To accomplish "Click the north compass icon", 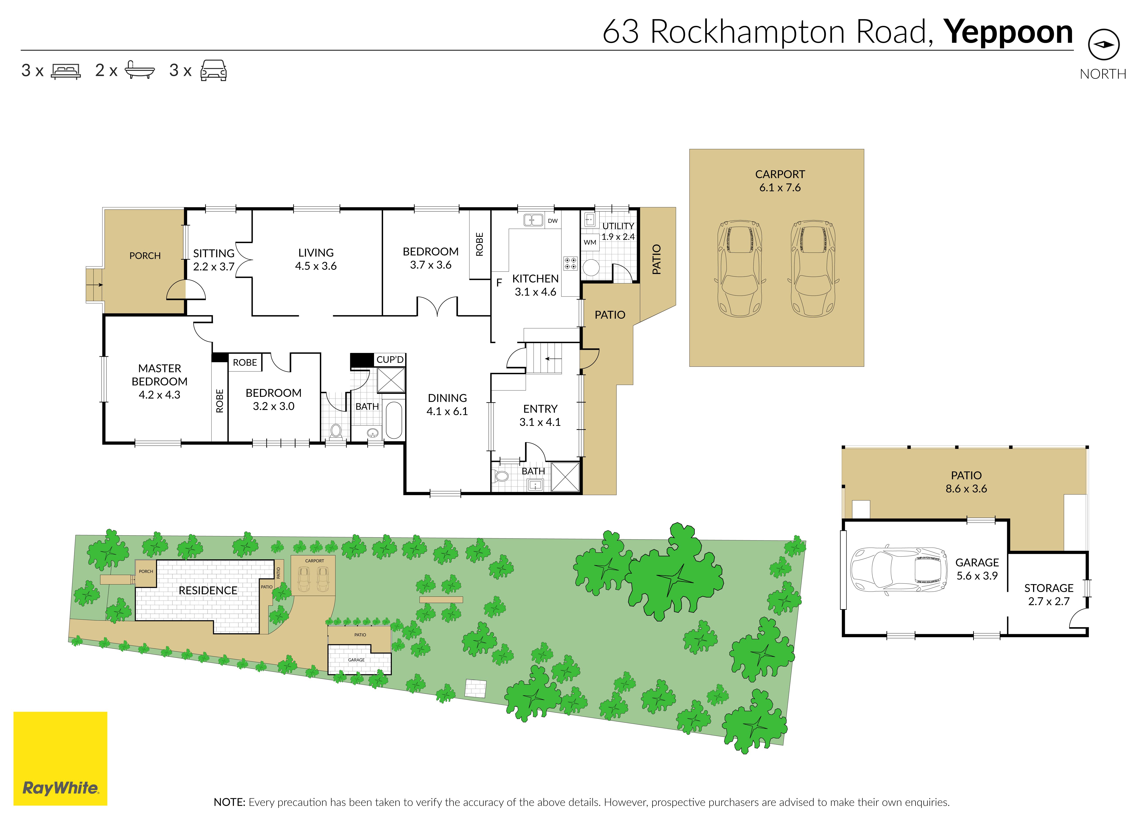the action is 1103,44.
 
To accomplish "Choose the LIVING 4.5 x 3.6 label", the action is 316,259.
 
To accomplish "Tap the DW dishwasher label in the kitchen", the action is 552,220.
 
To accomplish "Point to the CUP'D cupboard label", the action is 390,359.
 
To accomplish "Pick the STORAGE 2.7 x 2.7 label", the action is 1049,594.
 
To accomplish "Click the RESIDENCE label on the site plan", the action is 208,590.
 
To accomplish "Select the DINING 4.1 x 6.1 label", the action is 447,404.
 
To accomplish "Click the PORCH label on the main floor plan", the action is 145,256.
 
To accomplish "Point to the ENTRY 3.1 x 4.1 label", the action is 540,415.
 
